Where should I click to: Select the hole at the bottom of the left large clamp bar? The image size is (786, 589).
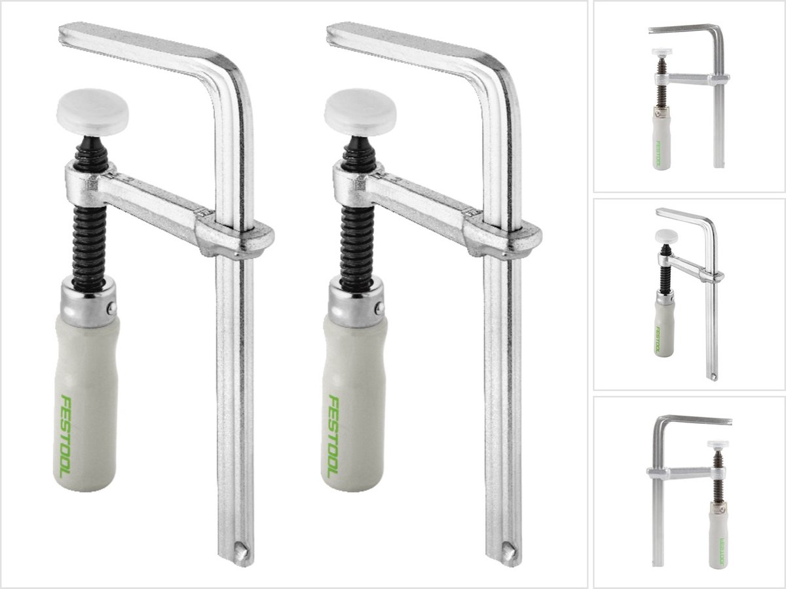241,551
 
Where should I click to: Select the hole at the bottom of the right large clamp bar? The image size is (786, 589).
508,551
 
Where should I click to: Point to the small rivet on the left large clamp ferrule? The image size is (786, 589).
112,307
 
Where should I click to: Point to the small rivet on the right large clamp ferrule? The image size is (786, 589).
380,307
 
